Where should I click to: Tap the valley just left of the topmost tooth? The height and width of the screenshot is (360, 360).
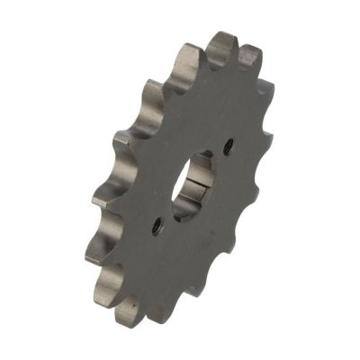[203, 65]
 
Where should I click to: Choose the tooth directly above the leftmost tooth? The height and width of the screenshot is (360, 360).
[103, 198]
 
